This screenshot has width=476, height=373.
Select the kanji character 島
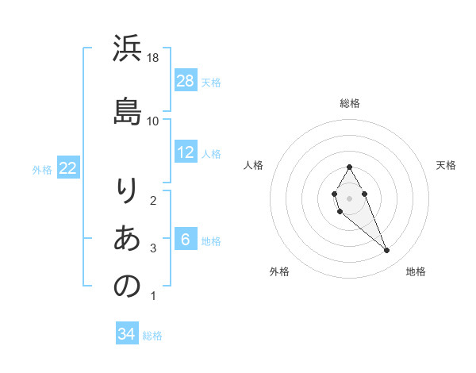pos(127,110)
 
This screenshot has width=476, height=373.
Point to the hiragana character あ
pos(127,238)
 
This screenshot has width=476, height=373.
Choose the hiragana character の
pos(127,286)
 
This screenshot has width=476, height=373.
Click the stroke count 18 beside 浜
pos(153,58)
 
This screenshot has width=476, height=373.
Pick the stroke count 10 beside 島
pos(153,121)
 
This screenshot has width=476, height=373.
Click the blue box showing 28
pos(186,80)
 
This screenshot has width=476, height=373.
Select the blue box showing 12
pos(186,152)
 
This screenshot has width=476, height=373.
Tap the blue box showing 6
pos(186,240)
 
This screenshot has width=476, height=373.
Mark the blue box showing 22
pos(68,167)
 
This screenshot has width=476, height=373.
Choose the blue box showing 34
pos(127,334)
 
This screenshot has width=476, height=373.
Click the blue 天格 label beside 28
pos(211,82)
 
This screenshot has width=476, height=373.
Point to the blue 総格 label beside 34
pos(152,336)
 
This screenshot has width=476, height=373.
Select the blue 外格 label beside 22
pos(42,169)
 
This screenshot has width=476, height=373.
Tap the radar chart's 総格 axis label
pos(349,103)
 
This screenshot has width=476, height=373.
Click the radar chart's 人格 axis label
pos(253,165)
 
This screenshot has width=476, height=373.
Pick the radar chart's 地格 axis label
pos(416,271)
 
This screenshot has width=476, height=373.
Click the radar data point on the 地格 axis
pos(387,251)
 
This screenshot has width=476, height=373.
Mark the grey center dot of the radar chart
pos(349,197)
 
